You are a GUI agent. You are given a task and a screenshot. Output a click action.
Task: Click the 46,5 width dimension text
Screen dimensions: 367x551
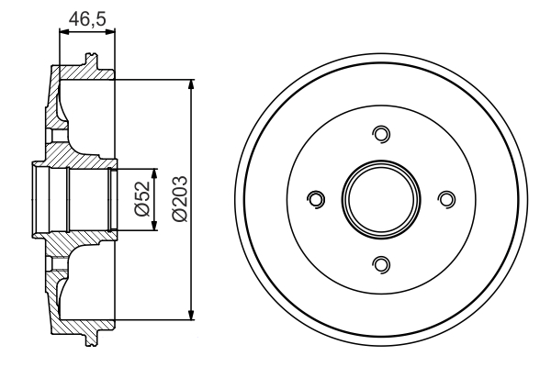[87, 17]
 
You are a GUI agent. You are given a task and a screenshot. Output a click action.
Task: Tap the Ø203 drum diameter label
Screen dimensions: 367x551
[179, 198]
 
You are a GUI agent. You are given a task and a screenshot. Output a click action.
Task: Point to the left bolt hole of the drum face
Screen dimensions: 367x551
[316, 199]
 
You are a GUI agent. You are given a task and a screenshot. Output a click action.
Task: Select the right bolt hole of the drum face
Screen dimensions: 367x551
[446, 199]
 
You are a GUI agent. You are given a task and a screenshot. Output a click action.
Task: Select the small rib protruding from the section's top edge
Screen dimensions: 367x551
[90, 61]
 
